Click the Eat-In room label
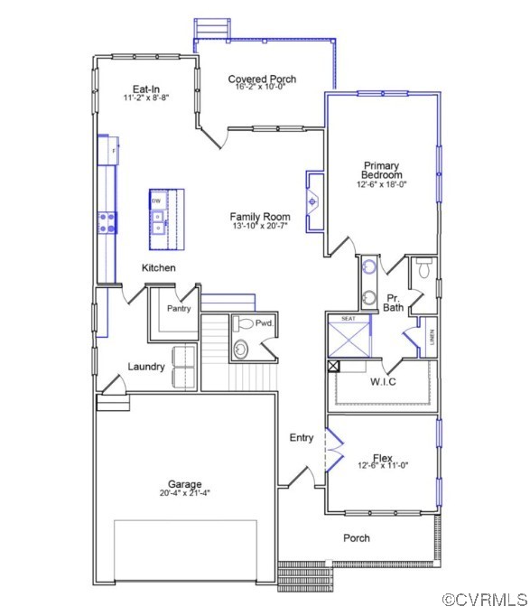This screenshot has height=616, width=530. point(146,89)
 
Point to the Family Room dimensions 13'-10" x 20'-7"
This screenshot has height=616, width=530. point(259,226)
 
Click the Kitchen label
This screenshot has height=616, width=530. point(158,268)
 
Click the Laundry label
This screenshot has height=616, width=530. point(145,367)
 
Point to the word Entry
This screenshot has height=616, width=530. point(302,438)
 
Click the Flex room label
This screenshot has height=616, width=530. point(383,458)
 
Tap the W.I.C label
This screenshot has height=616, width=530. point(383,380)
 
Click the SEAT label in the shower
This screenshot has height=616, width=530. point(349,319)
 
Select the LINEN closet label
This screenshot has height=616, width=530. point(432,339)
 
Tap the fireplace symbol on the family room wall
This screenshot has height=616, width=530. point(313,201)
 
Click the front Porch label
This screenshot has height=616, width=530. point(357,538)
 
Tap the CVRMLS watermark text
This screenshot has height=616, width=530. point(484,599)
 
